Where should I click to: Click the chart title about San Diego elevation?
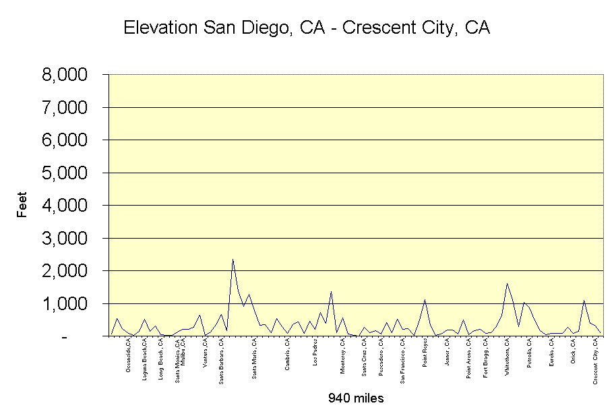tap(307, 28)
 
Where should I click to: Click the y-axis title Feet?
tap(22, 205)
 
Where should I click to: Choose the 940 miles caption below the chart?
tap(356, 398)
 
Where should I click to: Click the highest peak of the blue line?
tap(233, 260)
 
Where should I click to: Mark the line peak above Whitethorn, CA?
tap(507, 284)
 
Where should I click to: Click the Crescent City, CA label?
tap(596, 362)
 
